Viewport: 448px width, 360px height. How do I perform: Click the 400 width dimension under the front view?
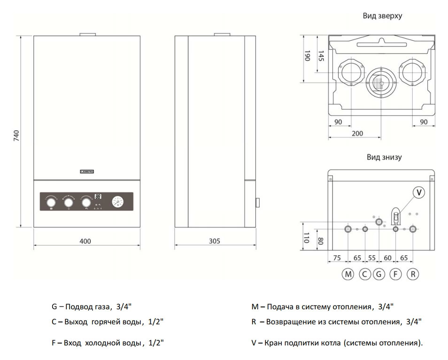pos(85,241)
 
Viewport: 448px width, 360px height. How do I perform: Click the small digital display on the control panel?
pos(98,197)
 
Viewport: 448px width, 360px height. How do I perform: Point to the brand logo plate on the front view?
pos(88,172)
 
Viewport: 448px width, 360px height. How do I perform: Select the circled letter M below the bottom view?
pos(347,274)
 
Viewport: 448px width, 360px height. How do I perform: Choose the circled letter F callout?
pos(396,274)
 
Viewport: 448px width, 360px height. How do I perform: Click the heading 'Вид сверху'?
pos(382,15)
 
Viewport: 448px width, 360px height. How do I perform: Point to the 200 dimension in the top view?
pos(357,134)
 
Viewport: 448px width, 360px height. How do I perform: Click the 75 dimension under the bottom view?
pos(337,258)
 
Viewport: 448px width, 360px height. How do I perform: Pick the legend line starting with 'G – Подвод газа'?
pos(92,307)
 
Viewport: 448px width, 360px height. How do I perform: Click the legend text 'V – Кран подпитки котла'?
pos(337,343)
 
